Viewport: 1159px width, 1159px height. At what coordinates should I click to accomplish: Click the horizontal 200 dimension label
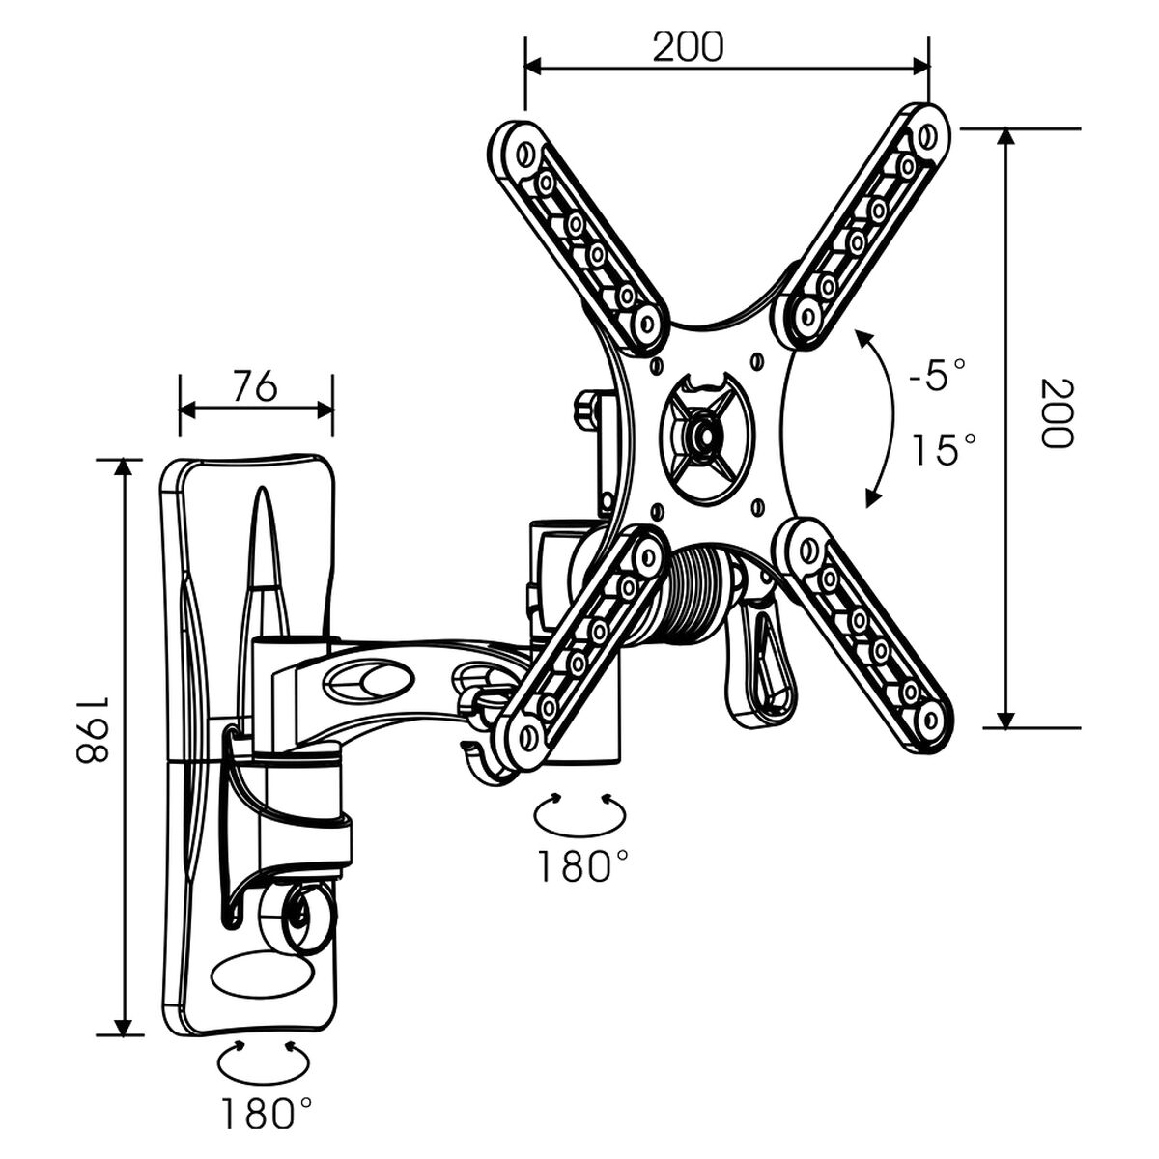(x=687, y=45)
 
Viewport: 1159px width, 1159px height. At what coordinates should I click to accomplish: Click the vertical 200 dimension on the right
(x=1056, y=412)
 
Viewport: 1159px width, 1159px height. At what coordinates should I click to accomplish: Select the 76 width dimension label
(x=255, y=385)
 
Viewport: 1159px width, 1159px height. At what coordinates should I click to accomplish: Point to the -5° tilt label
(x=936, y=375)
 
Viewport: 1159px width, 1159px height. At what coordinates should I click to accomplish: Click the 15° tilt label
(x=945, y=449)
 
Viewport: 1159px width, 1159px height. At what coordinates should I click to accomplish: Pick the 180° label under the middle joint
(x=578, y=865)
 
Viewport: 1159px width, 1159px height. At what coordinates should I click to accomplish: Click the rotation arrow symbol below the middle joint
(x=579, y=816)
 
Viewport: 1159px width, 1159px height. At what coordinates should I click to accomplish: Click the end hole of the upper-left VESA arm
(x=525, y=154)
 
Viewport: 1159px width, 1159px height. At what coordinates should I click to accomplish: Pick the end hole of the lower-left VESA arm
(x=527, y=736)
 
